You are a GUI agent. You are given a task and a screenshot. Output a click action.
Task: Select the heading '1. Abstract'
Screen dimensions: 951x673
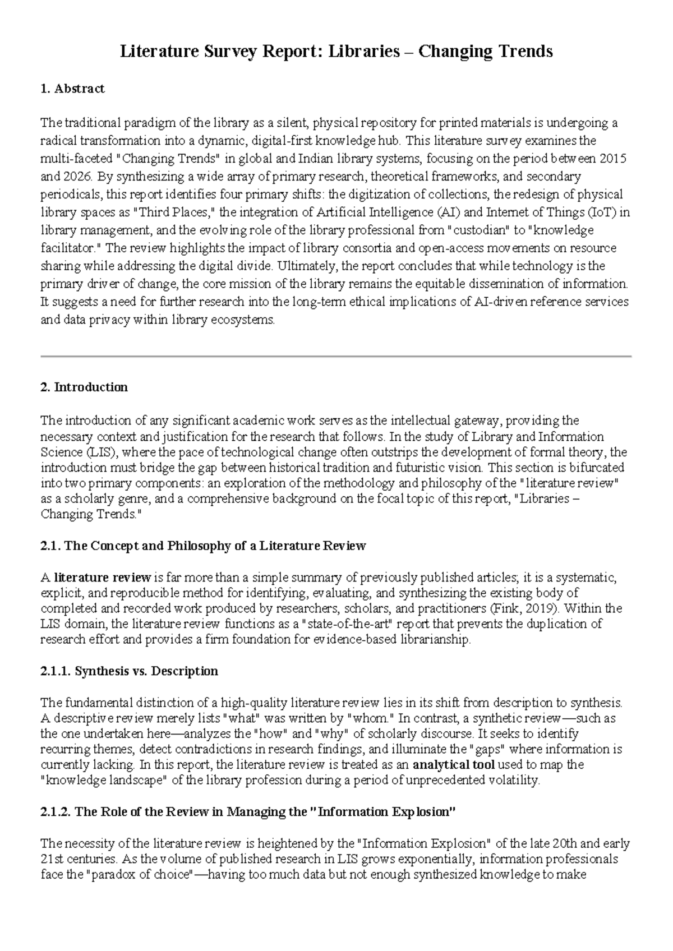coord(73,89)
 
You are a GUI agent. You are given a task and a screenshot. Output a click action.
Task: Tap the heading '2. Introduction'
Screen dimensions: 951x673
coord(85,387)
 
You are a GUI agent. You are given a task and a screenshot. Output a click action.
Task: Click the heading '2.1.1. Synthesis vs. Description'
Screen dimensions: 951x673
coord(130,671)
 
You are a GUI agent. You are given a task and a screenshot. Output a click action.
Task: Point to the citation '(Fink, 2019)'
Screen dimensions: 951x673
coord(519,608)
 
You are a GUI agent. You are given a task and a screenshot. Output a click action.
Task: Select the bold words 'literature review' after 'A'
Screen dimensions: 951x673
coord(103,577)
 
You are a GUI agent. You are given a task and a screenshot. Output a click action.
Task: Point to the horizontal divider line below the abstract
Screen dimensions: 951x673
coord(336,356)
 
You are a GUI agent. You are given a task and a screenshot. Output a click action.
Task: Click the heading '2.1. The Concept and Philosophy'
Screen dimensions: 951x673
coord(203,546)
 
